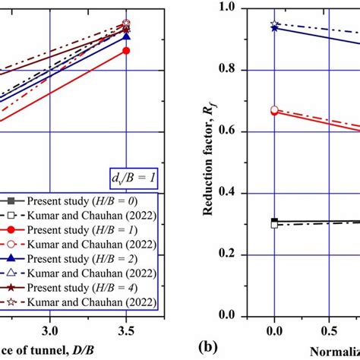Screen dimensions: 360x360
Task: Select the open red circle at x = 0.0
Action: click(x=274, y=109)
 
